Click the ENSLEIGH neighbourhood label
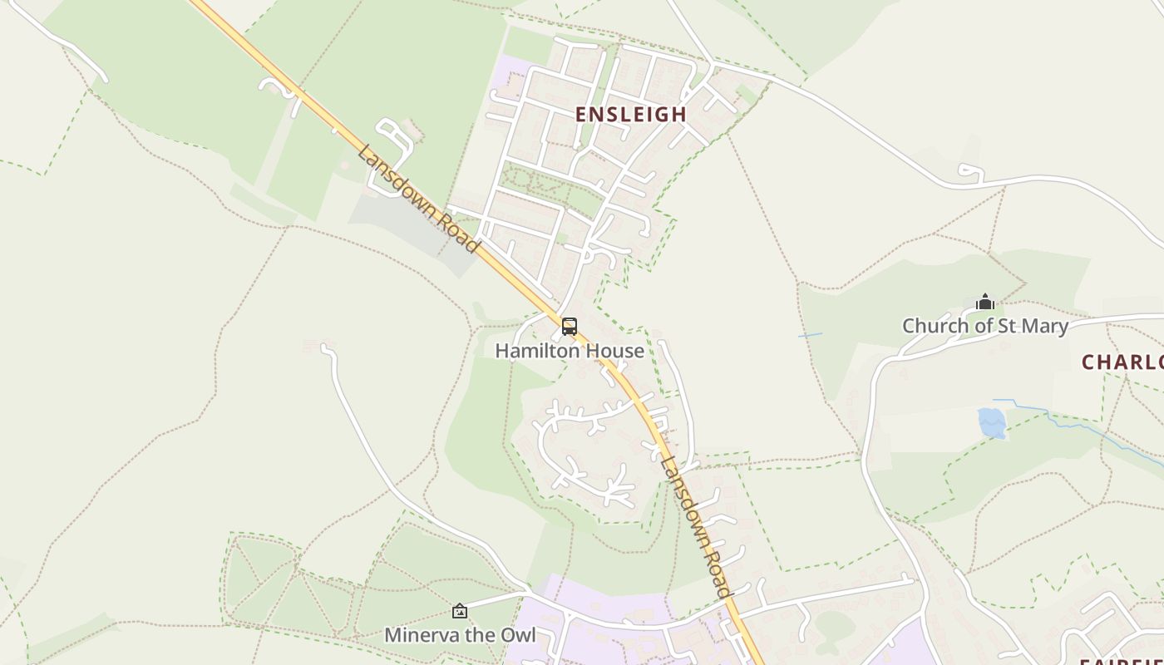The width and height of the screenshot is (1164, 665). point(632,115)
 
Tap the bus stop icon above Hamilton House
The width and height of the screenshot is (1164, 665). point(570,327)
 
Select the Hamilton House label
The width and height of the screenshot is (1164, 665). point(570,351)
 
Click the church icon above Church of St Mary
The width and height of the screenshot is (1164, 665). point(985,302)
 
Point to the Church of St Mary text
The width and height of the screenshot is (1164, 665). point(985,326)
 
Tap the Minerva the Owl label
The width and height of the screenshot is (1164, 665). point(460,636)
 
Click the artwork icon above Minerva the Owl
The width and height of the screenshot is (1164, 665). point(460,612)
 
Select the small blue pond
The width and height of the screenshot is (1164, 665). point(991,422)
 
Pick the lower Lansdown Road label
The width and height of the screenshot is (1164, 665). point(695,526)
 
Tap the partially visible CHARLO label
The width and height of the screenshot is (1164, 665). point(1122,362)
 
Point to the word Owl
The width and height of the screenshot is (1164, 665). point(517,636)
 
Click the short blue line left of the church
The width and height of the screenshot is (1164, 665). point(810,335)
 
